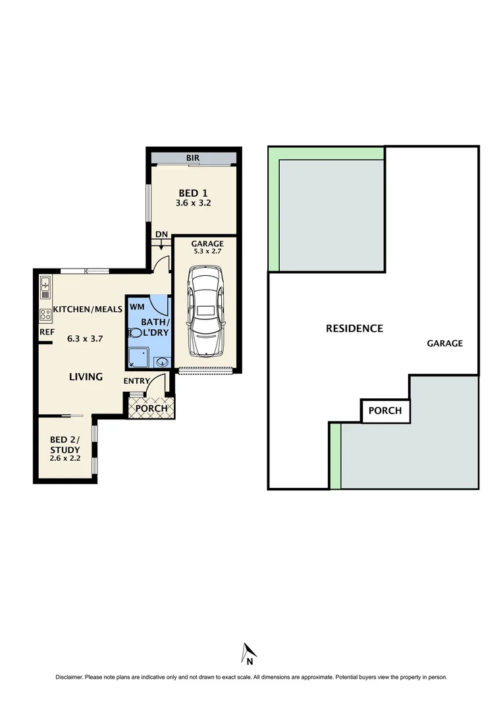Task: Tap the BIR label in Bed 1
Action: [193, 158]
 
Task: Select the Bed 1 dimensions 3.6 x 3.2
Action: [193, 203]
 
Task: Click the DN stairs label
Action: [161, 234]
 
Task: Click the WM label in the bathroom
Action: [137, 307]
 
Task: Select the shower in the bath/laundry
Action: [138, 357]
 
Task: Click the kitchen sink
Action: [45, 284]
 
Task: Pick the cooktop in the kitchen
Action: [45, 314]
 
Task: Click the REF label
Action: [46, 332]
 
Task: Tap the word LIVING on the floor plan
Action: [86, 377]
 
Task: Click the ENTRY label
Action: [136, 381]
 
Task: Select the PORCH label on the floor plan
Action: [151, 408]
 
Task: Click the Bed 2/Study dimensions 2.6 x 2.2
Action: [65, 458]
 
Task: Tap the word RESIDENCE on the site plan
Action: [354, 328]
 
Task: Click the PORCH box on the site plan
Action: [385, 411]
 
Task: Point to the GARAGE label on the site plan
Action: [444, 343]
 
